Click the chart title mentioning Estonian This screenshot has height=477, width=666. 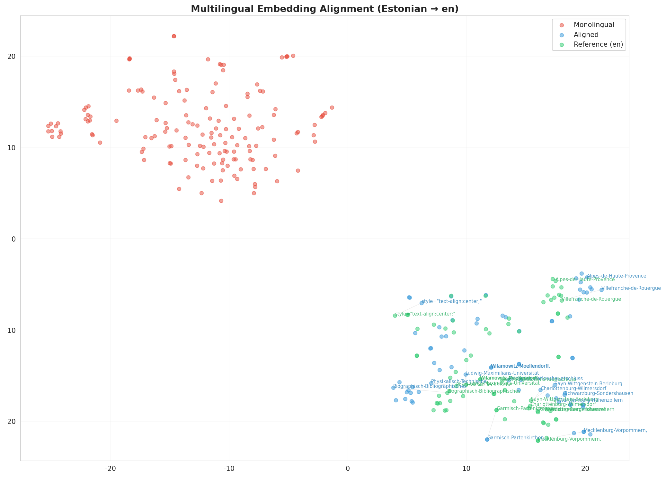coord(324,9)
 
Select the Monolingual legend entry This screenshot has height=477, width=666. coord(594,25)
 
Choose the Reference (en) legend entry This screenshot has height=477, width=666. coord(598,45)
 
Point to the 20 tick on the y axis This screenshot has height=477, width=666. coord(12,57)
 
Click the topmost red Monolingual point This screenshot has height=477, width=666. coord(174,36)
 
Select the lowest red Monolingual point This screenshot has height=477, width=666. coord(221,201)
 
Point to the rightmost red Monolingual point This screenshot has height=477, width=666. coord(332,107)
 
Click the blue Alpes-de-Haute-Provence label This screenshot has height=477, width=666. coord(616,276)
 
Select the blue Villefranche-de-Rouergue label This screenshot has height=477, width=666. coord(631,288)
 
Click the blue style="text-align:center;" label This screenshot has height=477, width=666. coord(452,301)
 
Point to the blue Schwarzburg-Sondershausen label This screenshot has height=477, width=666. coord(599,393)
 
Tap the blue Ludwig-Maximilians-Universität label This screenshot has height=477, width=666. coord(502,373)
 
